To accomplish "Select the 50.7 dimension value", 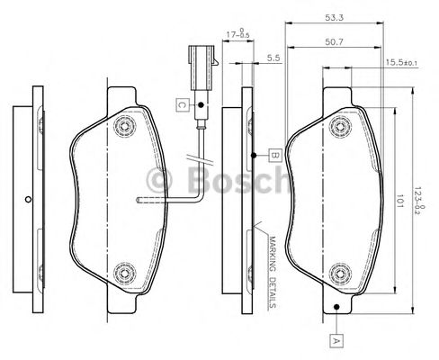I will [332, 40].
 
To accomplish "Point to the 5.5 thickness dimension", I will [273, 58].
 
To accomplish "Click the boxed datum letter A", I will [336, 339].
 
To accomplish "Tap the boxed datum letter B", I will [274, 155].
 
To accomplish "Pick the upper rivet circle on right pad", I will [339, 124].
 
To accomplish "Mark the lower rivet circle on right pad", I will [339, 274].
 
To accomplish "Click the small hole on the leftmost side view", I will [29, 200].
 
